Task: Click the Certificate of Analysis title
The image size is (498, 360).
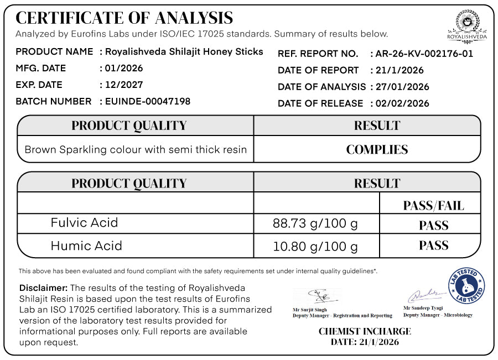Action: [124, 18]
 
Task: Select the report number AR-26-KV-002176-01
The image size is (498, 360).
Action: [424, 54]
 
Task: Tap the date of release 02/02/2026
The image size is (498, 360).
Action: [401, 103]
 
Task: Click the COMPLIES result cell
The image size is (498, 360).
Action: [377, 150]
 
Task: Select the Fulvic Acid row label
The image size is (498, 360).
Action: [84, 223]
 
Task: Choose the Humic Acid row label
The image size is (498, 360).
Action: [86, 246]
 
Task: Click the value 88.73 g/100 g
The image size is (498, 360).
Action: [315, 223]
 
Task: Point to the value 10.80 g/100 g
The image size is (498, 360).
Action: [315, 246]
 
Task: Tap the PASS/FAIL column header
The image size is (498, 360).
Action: [433, 206]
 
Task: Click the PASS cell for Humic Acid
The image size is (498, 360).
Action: [433, 246]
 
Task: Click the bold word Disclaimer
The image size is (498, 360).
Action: [43, 288]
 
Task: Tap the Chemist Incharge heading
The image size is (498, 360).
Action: [365, 332]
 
